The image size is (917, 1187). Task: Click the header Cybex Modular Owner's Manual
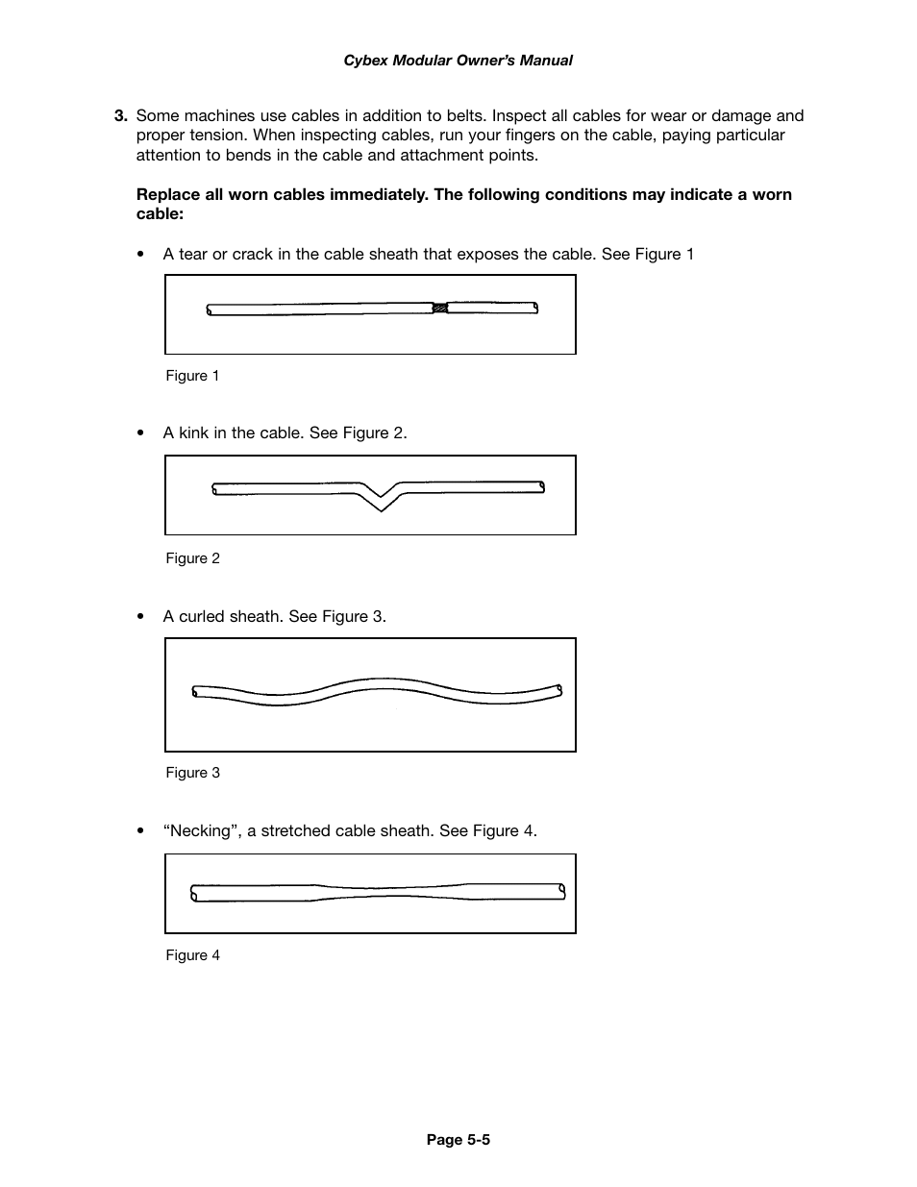coord(458,61)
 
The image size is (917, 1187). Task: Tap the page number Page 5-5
coord(458,1140)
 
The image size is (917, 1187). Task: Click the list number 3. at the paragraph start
coord(120,116)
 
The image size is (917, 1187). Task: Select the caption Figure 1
coord(192,376)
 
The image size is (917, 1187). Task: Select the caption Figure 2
coord(192,558)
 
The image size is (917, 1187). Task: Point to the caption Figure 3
coord(192,773)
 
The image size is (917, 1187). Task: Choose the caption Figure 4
coord(192,955)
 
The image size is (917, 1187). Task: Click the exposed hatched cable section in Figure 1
coord(440,309)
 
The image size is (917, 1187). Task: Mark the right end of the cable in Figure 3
coord(558,690)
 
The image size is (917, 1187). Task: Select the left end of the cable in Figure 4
coord(195,893)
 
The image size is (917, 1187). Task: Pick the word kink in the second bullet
coord(193,433)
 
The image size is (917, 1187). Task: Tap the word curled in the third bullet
coord(201,616)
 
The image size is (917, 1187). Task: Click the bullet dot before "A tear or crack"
coord(141,255)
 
